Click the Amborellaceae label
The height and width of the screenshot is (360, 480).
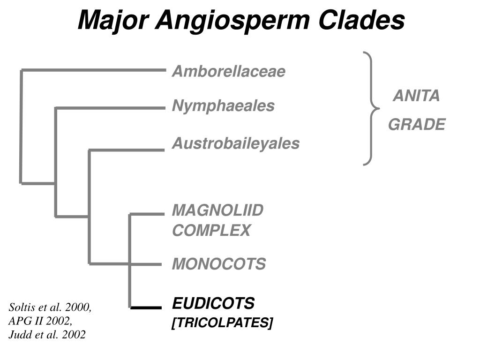[x=228, y=72]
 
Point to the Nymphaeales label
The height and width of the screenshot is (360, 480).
[x=223, y=106]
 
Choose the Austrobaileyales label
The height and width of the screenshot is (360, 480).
[x=235, y=143]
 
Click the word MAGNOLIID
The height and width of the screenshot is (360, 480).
[x=217, y=210]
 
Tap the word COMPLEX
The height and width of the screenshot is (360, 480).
[x=211, y=231]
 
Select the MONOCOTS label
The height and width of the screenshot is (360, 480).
[x=218, y=264]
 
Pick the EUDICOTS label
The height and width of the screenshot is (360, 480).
[x=213, y=304]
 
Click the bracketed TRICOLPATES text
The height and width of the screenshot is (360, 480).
[x=222, y=323]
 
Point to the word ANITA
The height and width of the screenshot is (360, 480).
[x=416, y=96]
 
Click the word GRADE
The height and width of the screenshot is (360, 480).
[x=416, y=125]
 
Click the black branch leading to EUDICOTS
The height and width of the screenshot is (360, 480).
[x=146, y=307]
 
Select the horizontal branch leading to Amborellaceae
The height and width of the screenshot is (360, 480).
[x=94, y=70]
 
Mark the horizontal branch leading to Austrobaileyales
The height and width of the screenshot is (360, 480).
[x=127, y=150]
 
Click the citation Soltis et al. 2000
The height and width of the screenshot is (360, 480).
[x=50, y=307]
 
